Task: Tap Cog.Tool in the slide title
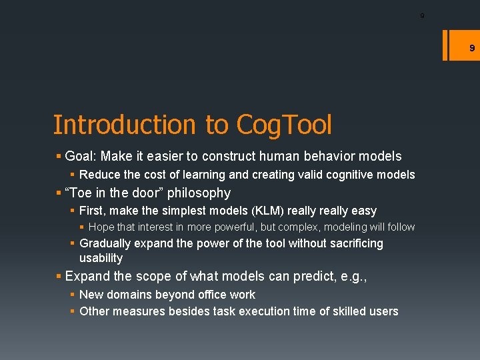[x=283, y=125]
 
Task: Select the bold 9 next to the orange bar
[x=471, y=48]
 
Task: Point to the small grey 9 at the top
[x=422, y=15]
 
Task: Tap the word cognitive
[x=345, y=175]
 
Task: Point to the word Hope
[x=101, y=227]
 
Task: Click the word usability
[x=101, y=258]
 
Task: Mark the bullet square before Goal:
[x=59, y=157]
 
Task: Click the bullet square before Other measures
[x=73, y=311]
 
